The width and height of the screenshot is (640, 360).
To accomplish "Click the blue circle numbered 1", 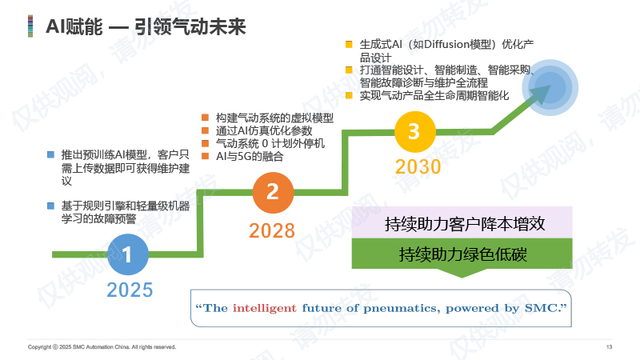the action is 128,254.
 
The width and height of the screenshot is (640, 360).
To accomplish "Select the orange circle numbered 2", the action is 273,193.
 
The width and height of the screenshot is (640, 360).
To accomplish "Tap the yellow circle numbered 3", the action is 415,132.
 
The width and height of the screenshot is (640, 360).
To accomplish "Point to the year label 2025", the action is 130,290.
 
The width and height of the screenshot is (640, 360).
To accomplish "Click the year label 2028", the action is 272,230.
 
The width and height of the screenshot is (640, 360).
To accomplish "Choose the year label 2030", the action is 418,166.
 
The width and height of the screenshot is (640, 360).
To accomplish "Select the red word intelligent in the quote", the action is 265,308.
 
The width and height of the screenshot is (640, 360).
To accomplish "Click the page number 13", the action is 609,347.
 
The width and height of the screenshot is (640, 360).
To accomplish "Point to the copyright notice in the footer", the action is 102,347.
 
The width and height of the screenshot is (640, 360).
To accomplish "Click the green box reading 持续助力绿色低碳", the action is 462,254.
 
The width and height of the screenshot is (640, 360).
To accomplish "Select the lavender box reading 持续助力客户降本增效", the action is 462,223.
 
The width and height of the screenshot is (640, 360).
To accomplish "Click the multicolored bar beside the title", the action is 30,26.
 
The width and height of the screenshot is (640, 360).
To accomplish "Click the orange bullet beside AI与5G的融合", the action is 206,156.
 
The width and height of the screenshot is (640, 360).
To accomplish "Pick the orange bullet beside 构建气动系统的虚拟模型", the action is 206,118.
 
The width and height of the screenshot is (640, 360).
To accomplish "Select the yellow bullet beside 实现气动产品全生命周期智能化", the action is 349,95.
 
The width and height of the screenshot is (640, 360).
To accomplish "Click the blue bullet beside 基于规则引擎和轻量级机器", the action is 50,206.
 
